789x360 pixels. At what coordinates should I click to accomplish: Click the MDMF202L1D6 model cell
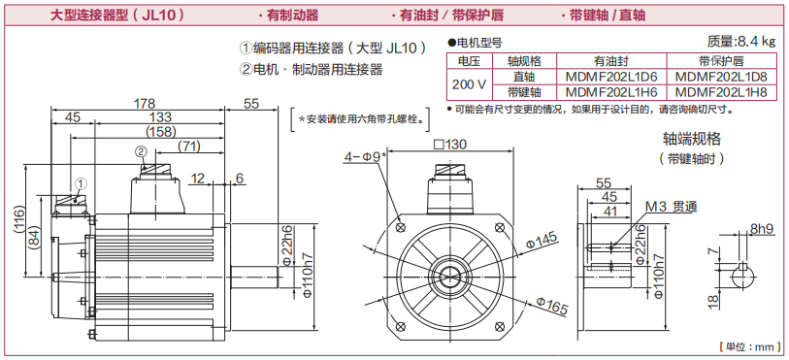611,77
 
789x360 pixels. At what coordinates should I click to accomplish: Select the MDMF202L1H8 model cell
720,92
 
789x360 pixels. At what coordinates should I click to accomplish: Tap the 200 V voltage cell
470,84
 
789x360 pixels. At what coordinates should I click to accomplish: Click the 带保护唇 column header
720,61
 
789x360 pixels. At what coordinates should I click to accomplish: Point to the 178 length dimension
145,104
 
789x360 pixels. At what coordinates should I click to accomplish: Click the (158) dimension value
160,132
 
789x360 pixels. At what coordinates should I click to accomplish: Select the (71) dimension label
189,147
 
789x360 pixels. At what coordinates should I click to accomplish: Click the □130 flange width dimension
450,145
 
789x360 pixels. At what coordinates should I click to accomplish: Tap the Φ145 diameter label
541,241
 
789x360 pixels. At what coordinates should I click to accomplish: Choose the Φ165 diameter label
552,306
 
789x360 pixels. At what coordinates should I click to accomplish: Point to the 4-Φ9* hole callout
365,156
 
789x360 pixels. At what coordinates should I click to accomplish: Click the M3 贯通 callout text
671,207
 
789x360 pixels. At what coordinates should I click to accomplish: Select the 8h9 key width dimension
762,229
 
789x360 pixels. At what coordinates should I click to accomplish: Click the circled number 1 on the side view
82,183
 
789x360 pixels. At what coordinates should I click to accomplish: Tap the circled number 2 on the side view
141,151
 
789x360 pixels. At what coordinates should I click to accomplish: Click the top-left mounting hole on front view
401,227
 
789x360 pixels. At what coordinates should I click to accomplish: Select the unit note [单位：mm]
749,347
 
